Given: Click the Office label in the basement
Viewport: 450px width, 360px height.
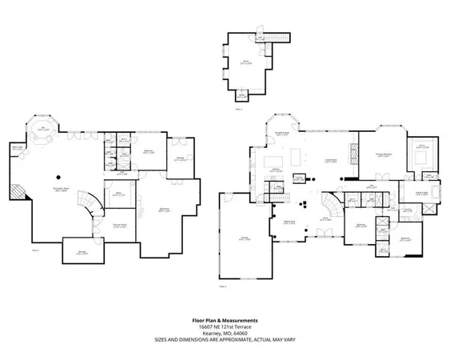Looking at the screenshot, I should tap(117, 196).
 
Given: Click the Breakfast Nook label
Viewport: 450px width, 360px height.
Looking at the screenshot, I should tap(281, 134).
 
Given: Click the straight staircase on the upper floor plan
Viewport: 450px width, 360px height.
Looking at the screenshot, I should tap(274, 39).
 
